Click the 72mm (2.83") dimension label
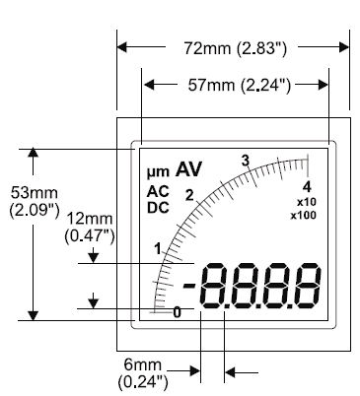(235, 48)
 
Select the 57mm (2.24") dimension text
(240, 86)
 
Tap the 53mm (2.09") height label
(34, 202)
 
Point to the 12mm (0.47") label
(90, 228)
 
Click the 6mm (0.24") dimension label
(143, 373)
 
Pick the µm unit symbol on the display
(158, 172)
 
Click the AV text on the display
(188, 169)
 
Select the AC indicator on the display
(158, 191)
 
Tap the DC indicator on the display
(158, 208)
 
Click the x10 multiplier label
(307, 202)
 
